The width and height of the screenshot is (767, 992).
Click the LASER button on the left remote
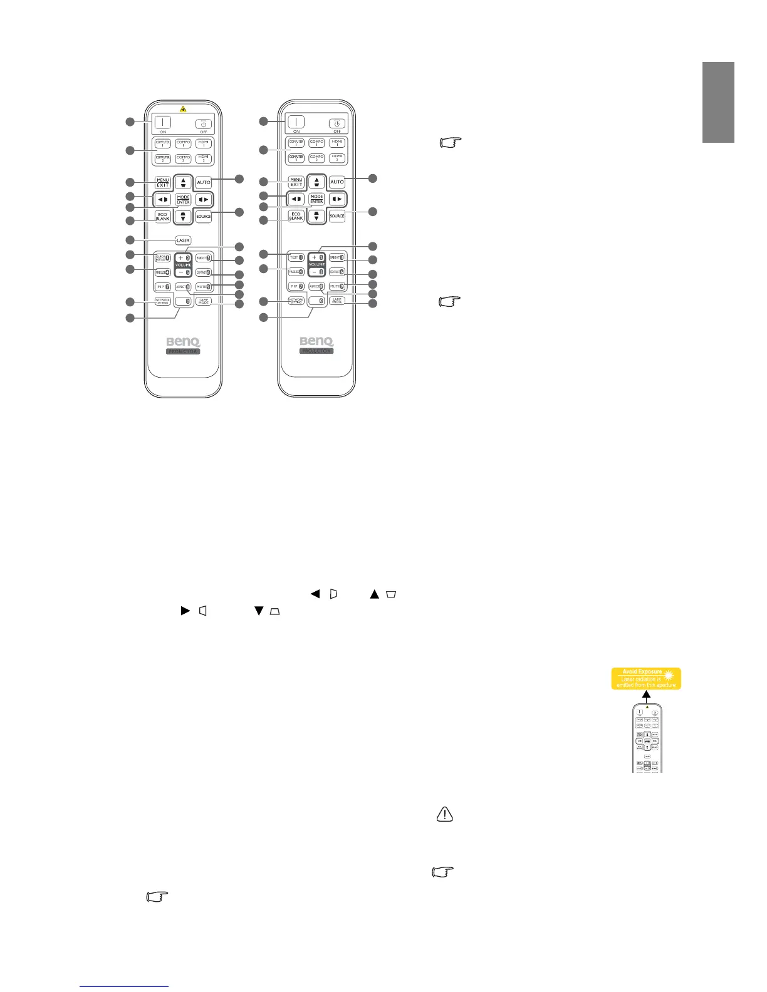183,240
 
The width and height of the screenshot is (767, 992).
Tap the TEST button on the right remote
296,257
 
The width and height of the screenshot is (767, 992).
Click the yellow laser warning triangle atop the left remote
183,109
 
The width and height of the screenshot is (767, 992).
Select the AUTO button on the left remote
204,182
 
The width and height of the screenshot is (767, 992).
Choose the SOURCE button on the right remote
337,216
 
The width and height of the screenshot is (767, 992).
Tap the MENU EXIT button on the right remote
296,182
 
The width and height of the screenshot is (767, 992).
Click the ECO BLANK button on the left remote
163,216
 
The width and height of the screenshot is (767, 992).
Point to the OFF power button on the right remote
337,123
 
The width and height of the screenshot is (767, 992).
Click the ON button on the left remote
163,123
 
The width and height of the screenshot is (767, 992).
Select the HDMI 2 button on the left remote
204,158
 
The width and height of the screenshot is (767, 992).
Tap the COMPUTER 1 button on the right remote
296,143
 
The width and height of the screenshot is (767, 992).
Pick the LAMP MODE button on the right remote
337,301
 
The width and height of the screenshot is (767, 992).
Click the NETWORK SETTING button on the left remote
163,301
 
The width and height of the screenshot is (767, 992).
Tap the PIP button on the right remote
296,286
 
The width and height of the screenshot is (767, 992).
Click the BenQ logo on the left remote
183,342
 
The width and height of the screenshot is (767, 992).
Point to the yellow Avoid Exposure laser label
646,678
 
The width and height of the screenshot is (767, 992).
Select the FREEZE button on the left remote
163,272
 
